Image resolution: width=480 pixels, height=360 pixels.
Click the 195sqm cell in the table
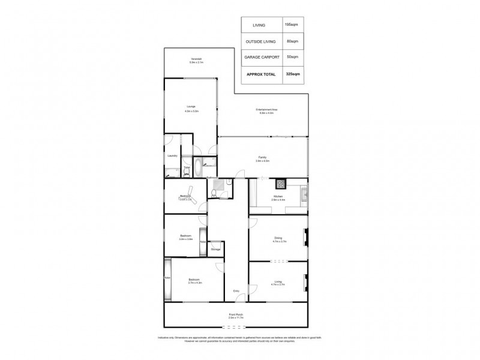tap(293, 25)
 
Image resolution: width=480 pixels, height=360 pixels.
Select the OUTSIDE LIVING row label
tap(261, 41)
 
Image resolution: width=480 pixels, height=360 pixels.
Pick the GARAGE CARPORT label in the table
tap(261, 57)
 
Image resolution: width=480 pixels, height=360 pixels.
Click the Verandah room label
tap(196, 60)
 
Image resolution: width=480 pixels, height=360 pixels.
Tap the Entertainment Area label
tap(266, 110)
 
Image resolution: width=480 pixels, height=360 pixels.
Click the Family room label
tap(262, 158)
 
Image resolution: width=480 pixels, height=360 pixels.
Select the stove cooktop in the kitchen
tap(280, 183)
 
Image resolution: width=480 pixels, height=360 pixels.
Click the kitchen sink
tap(304, 193)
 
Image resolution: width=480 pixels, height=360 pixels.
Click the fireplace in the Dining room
tap(305, 238)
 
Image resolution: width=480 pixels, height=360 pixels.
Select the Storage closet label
tap(215, 248)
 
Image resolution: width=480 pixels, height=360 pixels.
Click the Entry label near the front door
tap(236, 291)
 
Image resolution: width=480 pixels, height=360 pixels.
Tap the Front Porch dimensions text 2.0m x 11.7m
tap(236, 317)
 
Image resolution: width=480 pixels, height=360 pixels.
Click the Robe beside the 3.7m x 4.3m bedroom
tap(167, 277)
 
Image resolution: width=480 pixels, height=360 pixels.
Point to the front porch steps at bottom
tap(236, 326)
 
